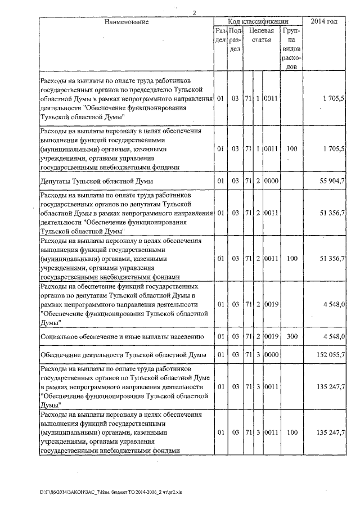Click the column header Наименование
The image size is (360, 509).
[x=127, y=22]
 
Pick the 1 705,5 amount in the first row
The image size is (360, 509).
[x=334, y=98]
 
